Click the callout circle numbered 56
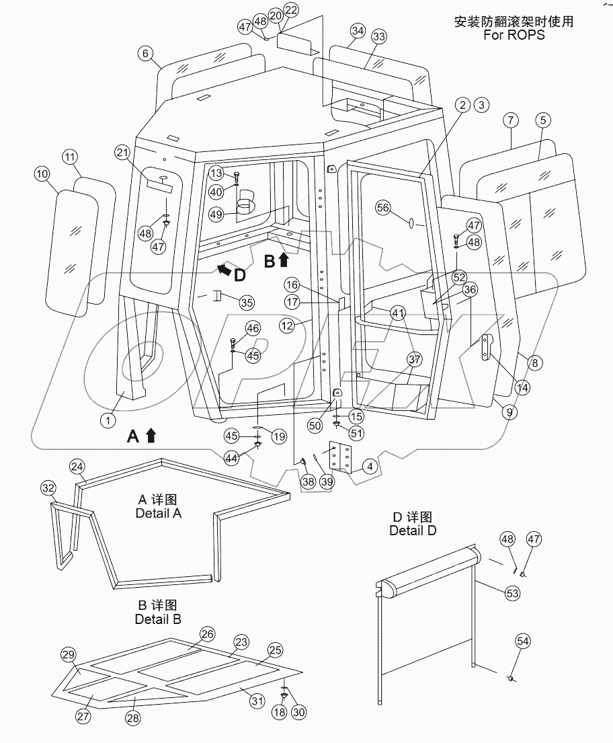tap(383, 208)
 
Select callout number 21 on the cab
tap(122, 153)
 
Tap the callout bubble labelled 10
tap(42, 174)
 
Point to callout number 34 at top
tap(358, 31)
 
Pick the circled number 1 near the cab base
tap(106, 420)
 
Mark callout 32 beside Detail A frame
tap(48, 487)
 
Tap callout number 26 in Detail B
tap(207, 634)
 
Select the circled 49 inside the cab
tap(216, 214)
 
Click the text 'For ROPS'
tap(514, 34)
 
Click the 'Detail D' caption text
tap(413, 531)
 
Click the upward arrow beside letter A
tap(151, 436)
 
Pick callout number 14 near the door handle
tap(522, 387)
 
